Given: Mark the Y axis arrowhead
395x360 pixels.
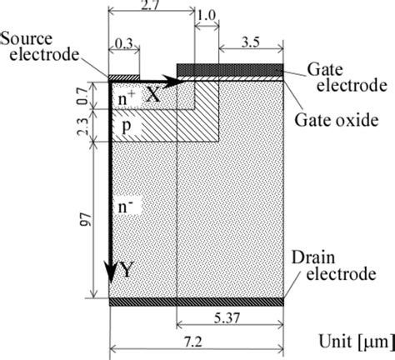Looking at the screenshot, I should (x=109, y=275).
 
